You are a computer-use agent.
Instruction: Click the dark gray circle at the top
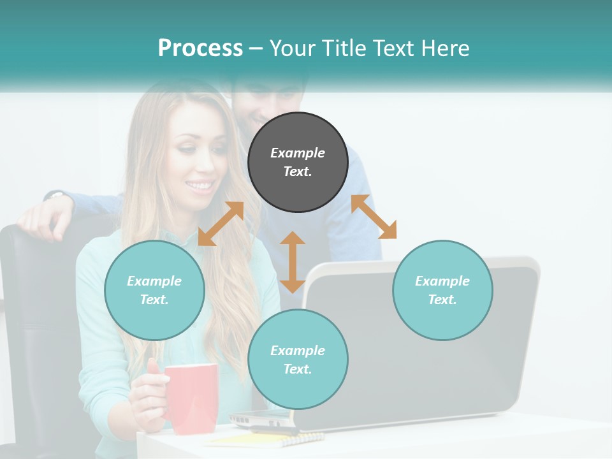pyautogui.click(x=298, y=162)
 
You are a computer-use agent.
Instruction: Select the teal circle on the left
pyautogui.click(x=154, y=290)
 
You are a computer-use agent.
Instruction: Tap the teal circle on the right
pyautogui.click(x=442, y=290)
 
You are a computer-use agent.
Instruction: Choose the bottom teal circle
pyautogui.click(x=298, y=360)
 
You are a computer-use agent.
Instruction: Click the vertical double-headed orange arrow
pyautogui.click(x=293, y=262)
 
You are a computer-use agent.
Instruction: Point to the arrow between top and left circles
pyautogui.click(x=221, y=224)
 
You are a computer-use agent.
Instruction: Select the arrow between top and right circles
pyautogui.click(x=374, y=217)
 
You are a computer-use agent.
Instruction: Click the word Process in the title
pyautogui.click(x=200, y=48)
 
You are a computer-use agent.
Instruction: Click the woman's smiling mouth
pyautogui.click(x=200, y=186)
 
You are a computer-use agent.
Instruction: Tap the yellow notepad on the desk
pyautogui.click(x=268, y=439)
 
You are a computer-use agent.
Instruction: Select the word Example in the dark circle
pyautogui.click(x=298, y=153)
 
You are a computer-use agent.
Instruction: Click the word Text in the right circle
pyautogui.click(x=442, y=300)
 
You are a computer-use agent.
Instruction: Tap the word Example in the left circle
pyautogui.click(x=154, y=281)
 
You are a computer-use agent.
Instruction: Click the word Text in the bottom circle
pyautogui.click(x=298, y=369)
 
